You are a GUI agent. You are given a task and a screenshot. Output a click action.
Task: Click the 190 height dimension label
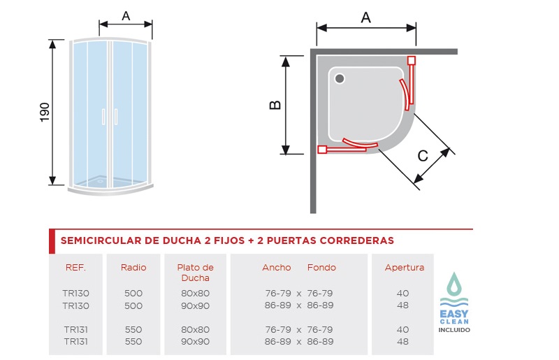(45, 112)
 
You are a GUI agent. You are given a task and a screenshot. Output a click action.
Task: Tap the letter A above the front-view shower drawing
(126, 16)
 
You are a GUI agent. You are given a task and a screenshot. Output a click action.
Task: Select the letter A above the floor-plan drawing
(365, 17)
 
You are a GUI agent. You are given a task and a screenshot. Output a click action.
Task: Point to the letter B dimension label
(275, 105)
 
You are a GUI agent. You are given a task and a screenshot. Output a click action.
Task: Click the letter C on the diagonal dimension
(423, 156)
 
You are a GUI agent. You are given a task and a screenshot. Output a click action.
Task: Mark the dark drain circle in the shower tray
(340, 78)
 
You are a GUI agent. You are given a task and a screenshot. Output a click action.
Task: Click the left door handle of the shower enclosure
(103, 117)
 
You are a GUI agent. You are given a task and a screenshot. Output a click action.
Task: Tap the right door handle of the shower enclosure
(116, 117)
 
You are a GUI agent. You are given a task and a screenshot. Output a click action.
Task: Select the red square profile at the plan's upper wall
(411, 60)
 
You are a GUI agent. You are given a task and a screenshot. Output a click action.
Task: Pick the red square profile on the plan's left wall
(322, 149)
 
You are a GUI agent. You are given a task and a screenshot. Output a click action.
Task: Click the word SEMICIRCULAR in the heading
(101, 240)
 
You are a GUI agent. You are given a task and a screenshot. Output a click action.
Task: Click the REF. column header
(75, 268)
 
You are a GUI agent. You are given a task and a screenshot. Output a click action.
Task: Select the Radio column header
(133, 268)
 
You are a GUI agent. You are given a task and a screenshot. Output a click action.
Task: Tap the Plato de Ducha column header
(196, 273)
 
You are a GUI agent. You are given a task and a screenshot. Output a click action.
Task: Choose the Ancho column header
(277, 268)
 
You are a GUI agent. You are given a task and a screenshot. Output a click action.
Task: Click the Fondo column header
(321, 268)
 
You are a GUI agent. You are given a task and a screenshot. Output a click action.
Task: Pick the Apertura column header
(405, 268)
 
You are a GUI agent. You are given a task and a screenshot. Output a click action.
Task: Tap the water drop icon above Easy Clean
(454, 284)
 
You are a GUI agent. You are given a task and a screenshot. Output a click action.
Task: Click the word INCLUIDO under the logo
(454, 330)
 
